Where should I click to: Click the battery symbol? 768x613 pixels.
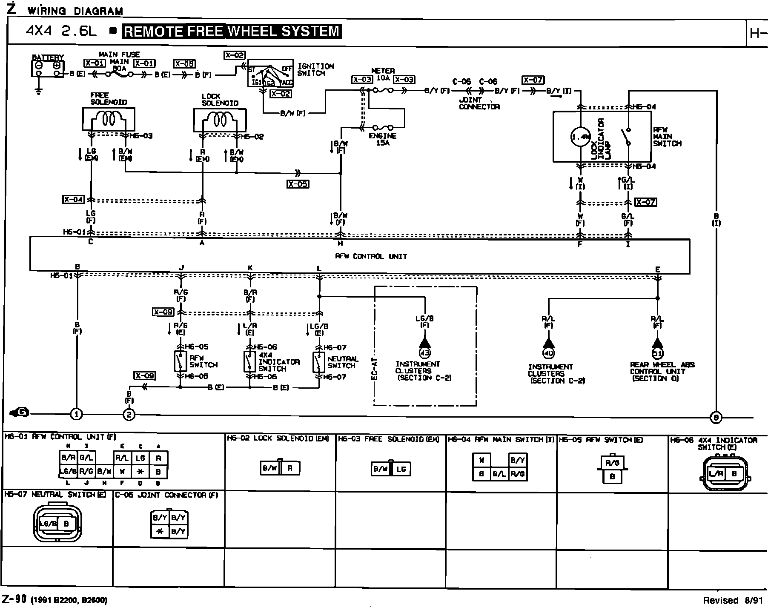(x=48, y=69)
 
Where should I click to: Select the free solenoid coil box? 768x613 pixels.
(x=109, y=119)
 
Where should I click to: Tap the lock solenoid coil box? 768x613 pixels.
(x=220, y=120)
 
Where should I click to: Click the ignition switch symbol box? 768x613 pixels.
(x=270, y=73)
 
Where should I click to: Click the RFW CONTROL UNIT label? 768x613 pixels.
(x=371, y=256)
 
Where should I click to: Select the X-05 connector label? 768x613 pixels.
(x=298, y=184)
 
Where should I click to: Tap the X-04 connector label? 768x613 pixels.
(x=74, y=199)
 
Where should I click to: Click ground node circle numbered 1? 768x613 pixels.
(x=77, y=414)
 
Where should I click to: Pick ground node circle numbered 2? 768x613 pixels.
(x=129, y=414)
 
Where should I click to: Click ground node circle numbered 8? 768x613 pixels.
(x=716, y=418)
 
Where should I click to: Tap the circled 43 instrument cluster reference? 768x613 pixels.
(x=424, y=352)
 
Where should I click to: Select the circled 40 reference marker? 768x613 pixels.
(x=548, y=352)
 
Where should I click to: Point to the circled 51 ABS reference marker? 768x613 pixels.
(x=658, y=353)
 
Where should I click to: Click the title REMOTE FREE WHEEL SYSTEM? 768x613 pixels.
(x=232, y=32)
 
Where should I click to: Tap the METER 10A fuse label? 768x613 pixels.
(x=383, y=74)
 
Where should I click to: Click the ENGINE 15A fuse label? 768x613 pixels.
(x=382, y=139)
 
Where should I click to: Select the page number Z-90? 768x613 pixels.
(x=14, y=599)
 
